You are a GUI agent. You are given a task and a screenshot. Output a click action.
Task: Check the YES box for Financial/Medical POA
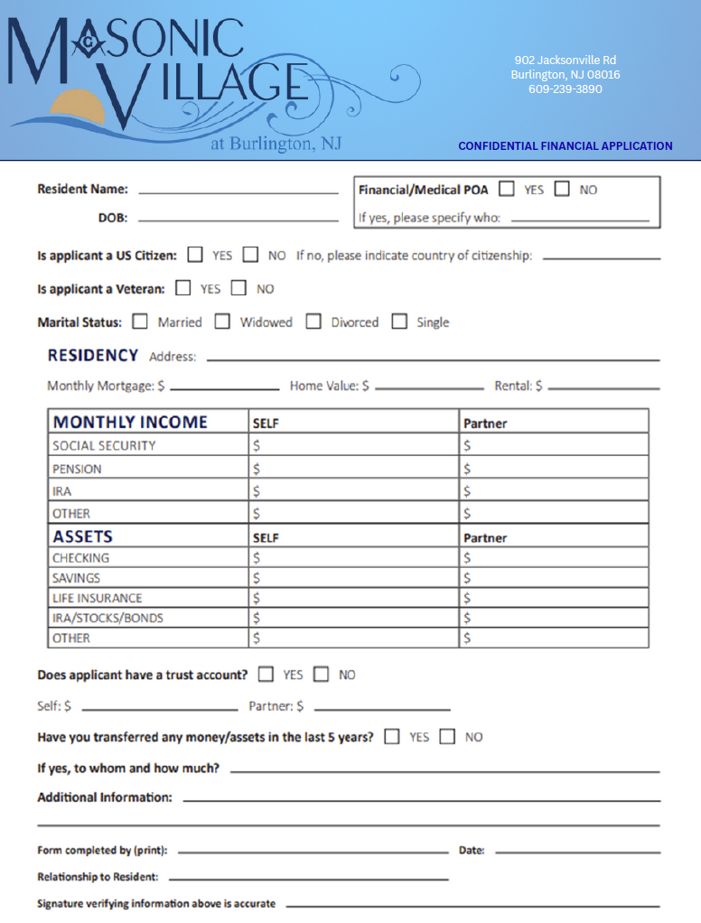click(507, 190)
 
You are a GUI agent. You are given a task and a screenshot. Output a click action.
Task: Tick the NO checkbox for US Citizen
click(250, 255)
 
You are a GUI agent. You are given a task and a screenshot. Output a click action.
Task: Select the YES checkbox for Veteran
click(183, 288)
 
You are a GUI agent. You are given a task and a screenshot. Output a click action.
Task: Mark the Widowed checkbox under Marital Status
click(222, 322)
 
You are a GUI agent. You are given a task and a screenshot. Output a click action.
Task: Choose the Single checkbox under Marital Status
click(399, 322)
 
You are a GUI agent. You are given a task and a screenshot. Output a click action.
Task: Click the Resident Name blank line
click(238, 191)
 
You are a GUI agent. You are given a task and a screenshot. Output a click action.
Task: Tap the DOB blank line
click(238, 219)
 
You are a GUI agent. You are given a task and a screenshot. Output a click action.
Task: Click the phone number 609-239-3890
click(565, 89)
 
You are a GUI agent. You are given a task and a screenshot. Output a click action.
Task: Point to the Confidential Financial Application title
click(565, 145)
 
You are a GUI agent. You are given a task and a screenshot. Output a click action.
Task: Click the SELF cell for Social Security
click(354, 445)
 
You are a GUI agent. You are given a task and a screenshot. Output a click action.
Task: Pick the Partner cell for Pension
click(554, 469)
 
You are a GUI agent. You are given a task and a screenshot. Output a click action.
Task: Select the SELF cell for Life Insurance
click(354, 598)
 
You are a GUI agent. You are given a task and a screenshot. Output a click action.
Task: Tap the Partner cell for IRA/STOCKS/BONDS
click(554, 618)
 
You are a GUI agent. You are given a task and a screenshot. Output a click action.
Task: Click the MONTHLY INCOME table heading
click(130, 422)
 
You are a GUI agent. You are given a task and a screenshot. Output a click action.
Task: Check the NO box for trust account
click(322, 674)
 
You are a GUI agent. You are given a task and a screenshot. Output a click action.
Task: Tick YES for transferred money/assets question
click(392, 736)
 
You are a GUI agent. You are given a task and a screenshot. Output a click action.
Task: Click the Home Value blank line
click(430, 387)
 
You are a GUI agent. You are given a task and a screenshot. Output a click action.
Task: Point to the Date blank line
click(577, 852)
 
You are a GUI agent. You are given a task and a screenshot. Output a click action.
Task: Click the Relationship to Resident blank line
click(308, 878)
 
